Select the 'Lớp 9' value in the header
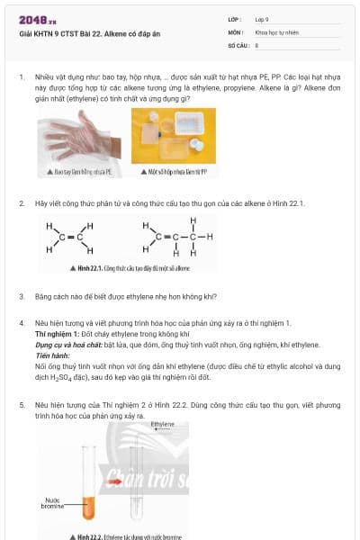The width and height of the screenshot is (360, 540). pyautogui.click(x=262, y=18)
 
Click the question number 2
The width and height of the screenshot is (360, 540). pyautogui.click(x=22, y=203)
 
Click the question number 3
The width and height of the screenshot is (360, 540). pyautogui.click(x=22, y=296)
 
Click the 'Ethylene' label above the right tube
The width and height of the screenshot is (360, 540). pyautogui.click(x=163, y=423)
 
